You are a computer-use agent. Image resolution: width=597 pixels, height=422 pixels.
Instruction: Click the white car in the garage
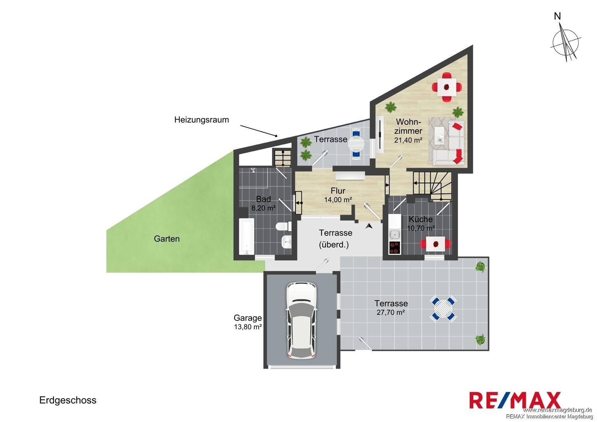301,321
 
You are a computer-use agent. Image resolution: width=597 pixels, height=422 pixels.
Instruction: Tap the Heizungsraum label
201,120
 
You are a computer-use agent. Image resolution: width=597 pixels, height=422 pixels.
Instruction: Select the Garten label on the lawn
167,238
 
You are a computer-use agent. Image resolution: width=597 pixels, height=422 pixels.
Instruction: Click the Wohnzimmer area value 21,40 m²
408,140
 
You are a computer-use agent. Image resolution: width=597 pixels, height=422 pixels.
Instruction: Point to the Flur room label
338,191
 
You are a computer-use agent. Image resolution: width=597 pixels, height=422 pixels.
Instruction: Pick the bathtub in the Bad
247,236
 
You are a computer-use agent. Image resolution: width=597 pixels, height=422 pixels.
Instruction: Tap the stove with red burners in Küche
394,247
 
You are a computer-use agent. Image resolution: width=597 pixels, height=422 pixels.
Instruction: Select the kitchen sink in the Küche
394,234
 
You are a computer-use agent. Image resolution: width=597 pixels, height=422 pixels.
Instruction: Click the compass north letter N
565,17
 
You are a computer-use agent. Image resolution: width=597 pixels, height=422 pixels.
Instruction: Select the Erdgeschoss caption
68,400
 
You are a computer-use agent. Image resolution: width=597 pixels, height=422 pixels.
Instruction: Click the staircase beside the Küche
432,186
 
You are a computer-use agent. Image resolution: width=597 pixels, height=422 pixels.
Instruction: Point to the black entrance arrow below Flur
369,226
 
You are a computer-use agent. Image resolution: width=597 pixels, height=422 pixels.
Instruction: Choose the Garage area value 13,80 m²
248,327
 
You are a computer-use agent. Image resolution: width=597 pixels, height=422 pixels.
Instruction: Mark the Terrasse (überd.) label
335,238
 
